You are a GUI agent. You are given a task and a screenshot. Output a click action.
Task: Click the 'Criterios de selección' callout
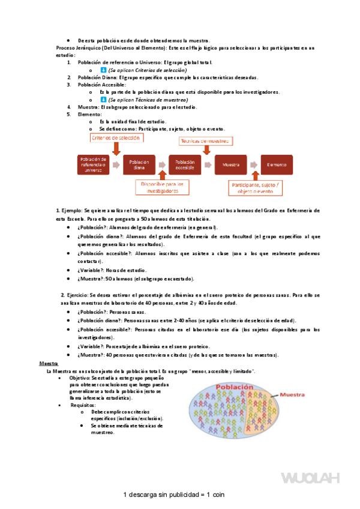click(116, 137)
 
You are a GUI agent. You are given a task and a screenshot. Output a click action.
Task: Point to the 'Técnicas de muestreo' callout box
click(205, 140)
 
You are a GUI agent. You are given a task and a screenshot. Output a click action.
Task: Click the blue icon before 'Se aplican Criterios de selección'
click(103, 70)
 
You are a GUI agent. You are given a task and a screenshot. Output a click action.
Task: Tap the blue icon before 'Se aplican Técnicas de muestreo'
click(103, 100)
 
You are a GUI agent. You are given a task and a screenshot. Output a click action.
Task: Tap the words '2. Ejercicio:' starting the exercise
click(74, 296)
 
